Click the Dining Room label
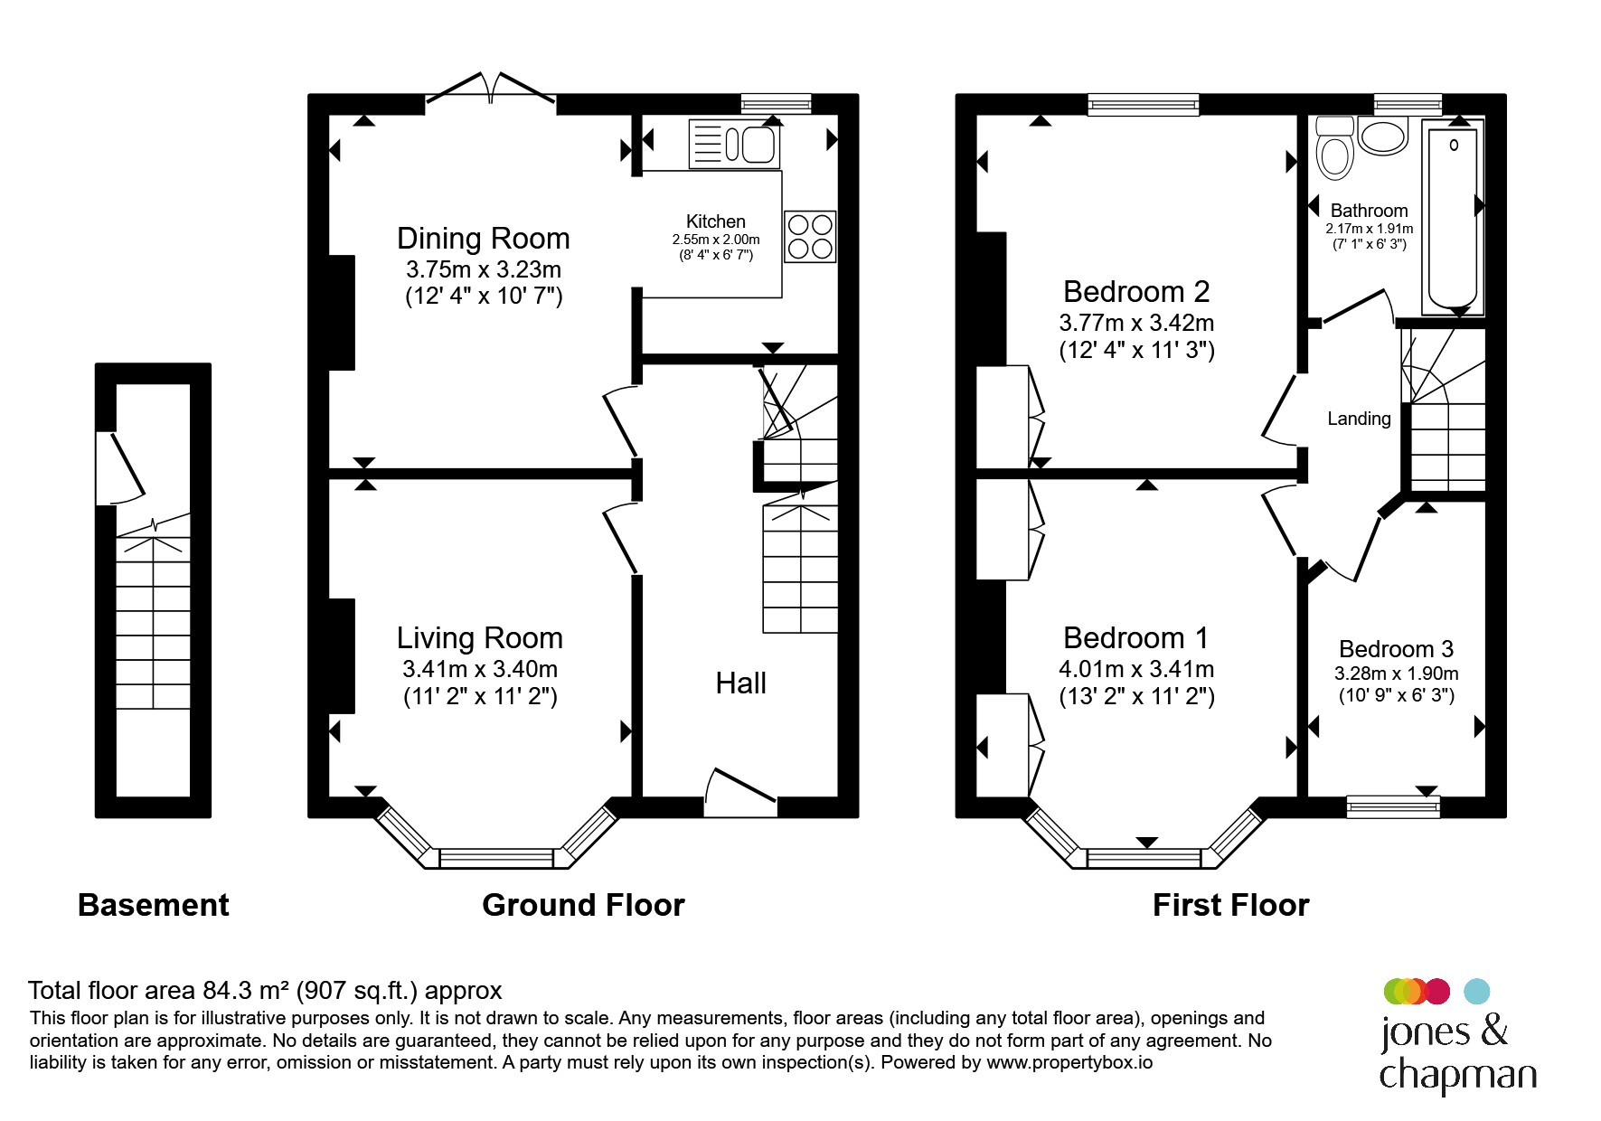[x=484, y=239]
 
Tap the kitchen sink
[x=734, y=145]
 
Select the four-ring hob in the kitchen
[x=810, y=236]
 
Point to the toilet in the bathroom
[x=1334, y=148]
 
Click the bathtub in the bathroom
[x=1453, y=218]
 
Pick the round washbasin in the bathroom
[x=1383, y=137]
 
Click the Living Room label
[x=480, y=638]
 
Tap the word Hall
[x=741, y=683]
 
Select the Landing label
[x=1359, y=419]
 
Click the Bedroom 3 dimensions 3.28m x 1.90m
[x=1397, y=674]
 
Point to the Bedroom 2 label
[x=1136, y=292]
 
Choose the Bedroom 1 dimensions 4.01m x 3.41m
[x=1136, y=670]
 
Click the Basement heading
[x=154, y=905]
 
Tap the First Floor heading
[x=1230, y=905]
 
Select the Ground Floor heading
[x=583, y=905]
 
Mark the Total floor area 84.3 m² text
[x=265, y=991]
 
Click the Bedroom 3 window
[x=1393, y=807]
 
